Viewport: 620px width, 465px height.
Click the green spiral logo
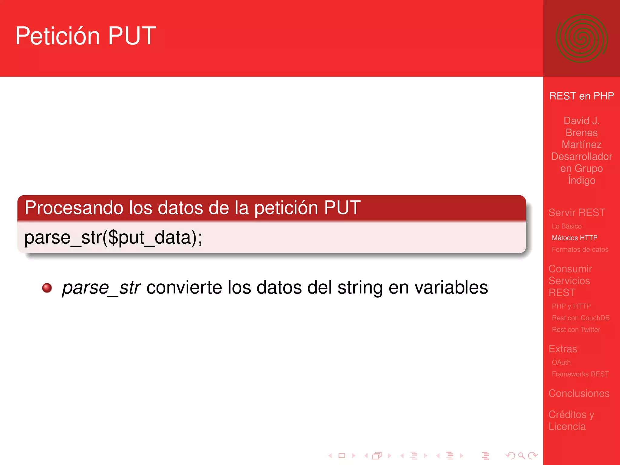point(581,38)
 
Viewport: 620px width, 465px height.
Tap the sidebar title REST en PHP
point(581,96)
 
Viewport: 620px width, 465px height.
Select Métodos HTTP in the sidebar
point(574,238)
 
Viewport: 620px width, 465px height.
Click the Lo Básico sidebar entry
point(566,226)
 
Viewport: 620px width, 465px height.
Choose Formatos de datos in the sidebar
point(580,249)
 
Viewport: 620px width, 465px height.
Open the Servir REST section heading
point(577,213)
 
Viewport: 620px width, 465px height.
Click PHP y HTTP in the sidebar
point(571,306)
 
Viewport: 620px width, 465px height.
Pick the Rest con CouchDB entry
point(580,318)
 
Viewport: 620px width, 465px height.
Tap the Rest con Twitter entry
point(576,330)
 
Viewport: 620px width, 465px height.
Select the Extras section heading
point(563,349)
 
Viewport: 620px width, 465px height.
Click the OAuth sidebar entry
point(561,362)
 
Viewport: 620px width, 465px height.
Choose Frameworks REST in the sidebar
point(580,374)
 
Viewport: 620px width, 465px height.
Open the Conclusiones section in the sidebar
point(579,393)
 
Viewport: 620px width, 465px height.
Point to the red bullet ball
point(47,288)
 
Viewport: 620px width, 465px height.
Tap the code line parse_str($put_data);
point(113,238)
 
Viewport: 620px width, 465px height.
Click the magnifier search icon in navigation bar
point(521,455)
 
